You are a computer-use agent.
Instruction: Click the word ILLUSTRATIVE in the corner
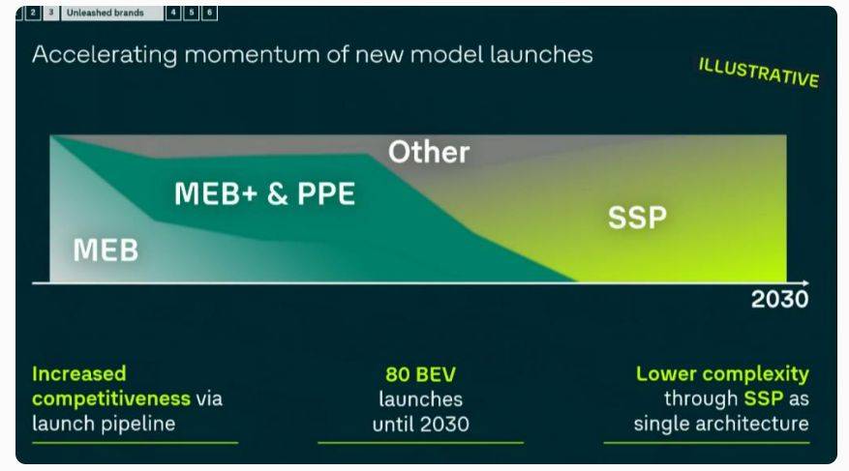coord(759,73)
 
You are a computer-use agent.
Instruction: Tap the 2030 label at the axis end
coord(779,299)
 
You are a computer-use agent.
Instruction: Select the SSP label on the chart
coord(637,218)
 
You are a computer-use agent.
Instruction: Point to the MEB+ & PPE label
coord(265,193)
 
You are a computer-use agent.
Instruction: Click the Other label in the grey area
coord(429,152)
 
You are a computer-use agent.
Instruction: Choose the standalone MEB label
coord(106,250)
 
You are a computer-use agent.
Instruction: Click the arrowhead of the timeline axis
coord(806,282)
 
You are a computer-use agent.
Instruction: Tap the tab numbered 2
coord(33,13)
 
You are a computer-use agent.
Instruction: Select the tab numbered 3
coord(51,13)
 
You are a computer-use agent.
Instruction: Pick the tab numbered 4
coord(173,13)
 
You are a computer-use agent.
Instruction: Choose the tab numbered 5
coord(191,13)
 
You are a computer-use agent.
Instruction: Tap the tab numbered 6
coord(209,13)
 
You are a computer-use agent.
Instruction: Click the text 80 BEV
coord(421,374)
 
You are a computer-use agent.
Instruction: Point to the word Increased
coord(79,373)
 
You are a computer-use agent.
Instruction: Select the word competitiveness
coord(111,399)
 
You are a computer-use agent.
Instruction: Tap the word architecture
coord(759,424)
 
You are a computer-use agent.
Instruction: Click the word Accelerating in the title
coord(105,55)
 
